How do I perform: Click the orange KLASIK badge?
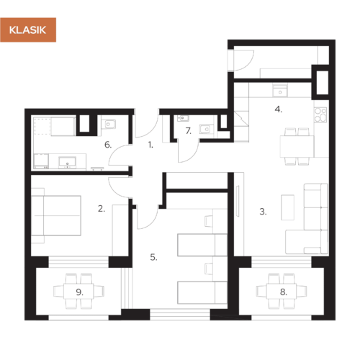(x=28, y=30)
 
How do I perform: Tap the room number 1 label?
(x=150, y=145)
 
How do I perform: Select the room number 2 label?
(x=102, y=209)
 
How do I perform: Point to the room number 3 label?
(x=263, y=212)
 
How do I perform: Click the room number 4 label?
(x=279, y=109)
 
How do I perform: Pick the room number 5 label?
(x=153, y=257)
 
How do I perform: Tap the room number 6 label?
(x=108, y=145)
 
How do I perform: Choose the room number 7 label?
(x=189, y=131)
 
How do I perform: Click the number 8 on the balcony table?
(x=284, y=292)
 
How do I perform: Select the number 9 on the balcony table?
(x=79, y=292)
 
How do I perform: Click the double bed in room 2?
(x=56, y=215)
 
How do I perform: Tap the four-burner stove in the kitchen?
(x=320, y=114)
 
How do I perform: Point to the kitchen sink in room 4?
(x=280, y=91)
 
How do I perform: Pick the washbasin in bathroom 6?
(x=67, y=162)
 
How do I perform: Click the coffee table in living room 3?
(x=287, y=207)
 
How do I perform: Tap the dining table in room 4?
(x=297, y=146)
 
